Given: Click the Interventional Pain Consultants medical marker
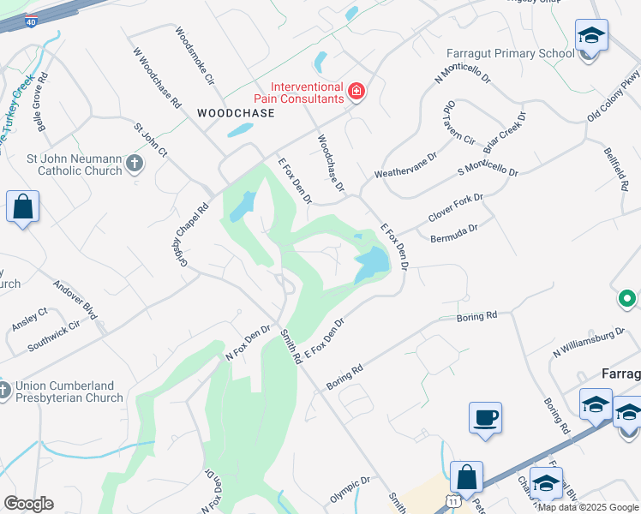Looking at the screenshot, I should (356, 92).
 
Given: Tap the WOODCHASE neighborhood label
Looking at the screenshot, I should (236, 113).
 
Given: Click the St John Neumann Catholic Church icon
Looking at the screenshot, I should (134, 162).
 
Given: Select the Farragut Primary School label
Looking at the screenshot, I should (510, 54).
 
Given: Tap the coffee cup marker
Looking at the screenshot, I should (485, 417).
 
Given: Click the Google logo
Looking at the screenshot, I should (28, 504).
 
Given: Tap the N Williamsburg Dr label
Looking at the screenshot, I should (589, 343).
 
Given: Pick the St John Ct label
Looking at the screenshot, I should (150, 140).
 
